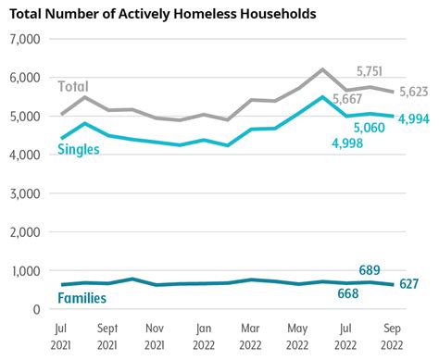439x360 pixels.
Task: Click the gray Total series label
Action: [73, 86]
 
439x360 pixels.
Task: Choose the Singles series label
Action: [79, 150]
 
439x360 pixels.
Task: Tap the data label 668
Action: [346, 293]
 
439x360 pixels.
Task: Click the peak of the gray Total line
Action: [322, 69]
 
